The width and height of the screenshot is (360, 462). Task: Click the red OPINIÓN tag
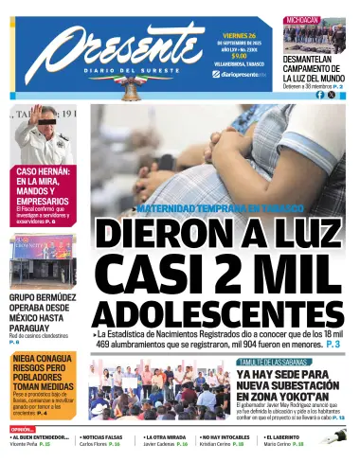pos(22,429)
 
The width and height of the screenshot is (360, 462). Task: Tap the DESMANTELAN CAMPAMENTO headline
pos(305,66)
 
